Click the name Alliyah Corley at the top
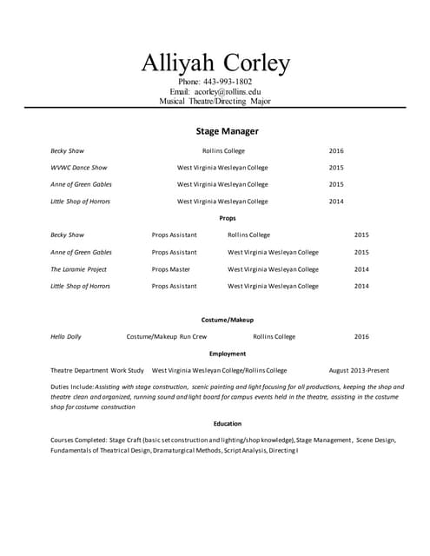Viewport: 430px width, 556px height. pyautogui.click(x=215, y=63)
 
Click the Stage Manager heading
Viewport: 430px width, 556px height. pyautogui.click(x=227, y=131)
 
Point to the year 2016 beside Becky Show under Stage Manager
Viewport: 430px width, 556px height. pyautogui.click(x=336, y=151)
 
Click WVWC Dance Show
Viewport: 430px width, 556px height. pyautogui.click(x=79, y=168)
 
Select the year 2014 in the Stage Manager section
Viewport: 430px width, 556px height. pyautogui.click(x=336, y=202)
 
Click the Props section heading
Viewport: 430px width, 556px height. pyautogui.click(x=227, y=218)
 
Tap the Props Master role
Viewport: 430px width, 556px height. pyautogui.click(x=171, y=269)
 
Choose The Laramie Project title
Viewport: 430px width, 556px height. pyautogui.click(x=79, y=269)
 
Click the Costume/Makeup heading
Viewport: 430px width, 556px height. pyautogui.click(x=227, y=320)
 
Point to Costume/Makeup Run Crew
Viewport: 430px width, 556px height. pyautogui.click(x=167, y=336)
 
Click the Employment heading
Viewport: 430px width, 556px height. pyautogui.click(x=227, y=354)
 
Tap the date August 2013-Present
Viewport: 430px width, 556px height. pyautogui.click(x=359, y=370)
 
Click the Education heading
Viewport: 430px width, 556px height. pyautogui.click(x=227, y=423)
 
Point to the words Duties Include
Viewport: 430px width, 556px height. pyautogui.click(x=71, y=387)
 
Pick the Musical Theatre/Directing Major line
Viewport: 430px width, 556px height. pyautogui.click(x=215, y=101)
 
